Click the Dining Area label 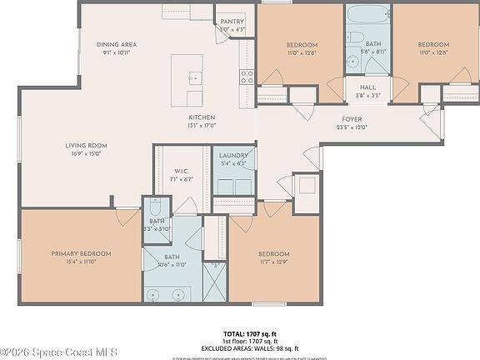click(x=117, y=44)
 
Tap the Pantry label click(x=232, y=22)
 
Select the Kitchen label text click(x=202, y=117)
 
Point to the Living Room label click(x=87, y=145)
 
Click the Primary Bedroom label click(x=81, y=253)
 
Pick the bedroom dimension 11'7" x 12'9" click(x=273, y=263)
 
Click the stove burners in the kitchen click(x=247, y=77)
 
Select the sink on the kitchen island click(x=194, y=77)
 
